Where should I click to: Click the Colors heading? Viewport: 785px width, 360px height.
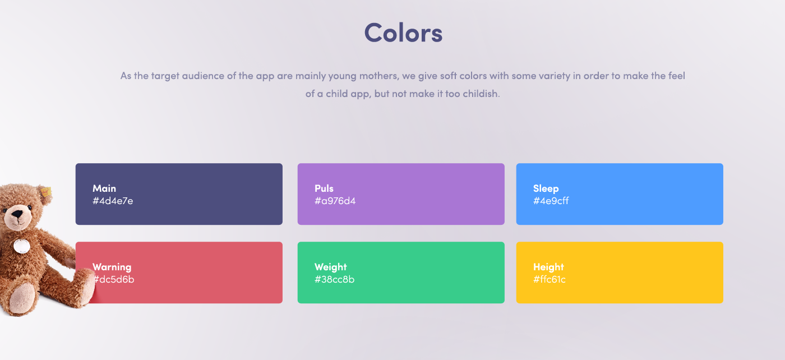403,33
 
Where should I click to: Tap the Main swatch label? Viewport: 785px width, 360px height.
104,188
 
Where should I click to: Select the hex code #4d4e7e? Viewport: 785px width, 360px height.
113,201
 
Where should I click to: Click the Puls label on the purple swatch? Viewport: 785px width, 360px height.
324,188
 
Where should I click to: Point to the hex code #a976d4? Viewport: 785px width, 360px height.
335,201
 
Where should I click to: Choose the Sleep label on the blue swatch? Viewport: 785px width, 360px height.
546,188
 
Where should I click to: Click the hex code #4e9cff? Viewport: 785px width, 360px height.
551,201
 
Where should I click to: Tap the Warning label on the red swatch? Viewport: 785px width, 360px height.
112,267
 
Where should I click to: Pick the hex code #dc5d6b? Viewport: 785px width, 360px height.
114,279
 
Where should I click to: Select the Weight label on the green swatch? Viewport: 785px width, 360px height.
330,267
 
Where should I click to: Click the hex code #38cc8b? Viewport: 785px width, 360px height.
334,279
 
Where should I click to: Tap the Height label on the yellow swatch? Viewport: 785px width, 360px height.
548,267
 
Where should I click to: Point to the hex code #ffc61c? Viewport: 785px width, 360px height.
549,279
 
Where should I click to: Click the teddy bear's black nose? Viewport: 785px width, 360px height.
17,214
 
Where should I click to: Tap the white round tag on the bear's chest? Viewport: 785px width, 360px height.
22,246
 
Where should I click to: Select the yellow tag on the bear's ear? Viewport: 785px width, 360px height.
45,192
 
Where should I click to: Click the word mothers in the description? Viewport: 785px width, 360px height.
379,76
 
